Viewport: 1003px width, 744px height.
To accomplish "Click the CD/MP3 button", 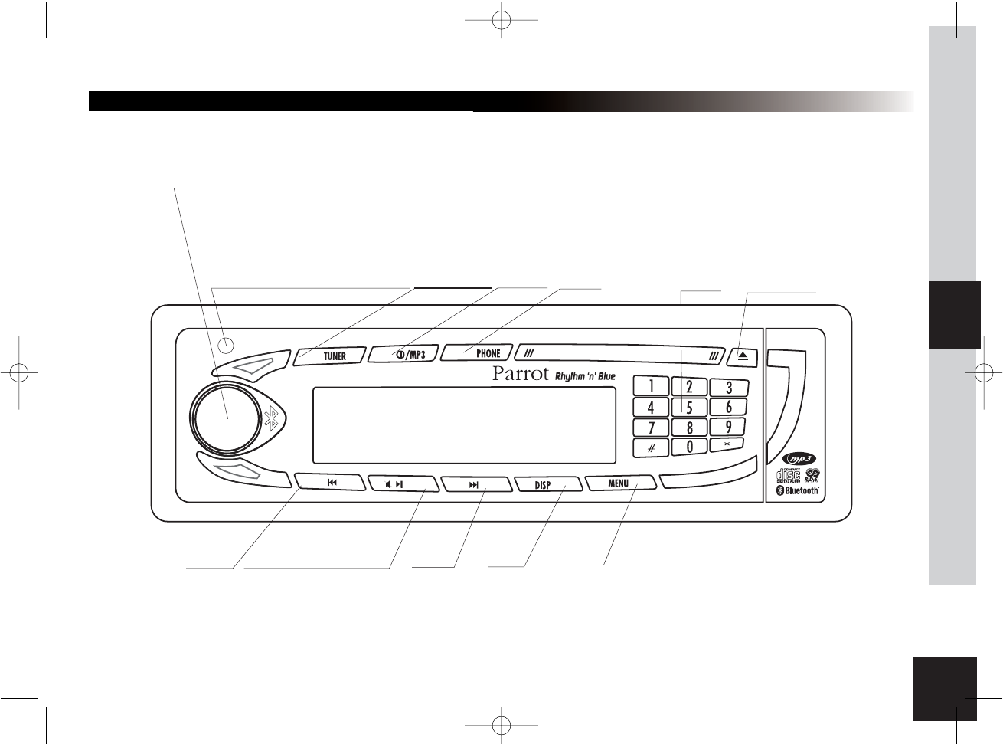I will (x=405, y=354).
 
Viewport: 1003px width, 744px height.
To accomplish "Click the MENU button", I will (x=619, y=483).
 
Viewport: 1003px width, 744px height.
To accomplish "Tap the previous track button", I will (x=330, y=483).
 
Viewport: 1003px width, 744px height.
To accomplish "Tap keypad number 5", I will (x=689, y=408).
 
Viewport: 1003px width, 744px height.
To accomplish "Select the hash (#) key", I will (x=651, y=447).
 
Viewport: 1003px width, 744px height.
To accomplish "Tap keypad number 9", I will (x=728, y=426).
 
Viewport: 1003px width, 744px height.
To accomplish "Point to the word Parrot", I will (x=521, y=375).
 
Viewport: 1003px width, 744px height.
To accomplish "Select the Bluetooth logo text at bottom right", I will (x=799, y=490).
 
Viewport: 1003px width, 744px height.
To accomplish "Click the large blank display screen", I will (x=464, y=424).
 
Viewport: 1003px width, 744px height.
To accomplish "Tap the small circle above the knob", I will (x=226, y=345).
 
